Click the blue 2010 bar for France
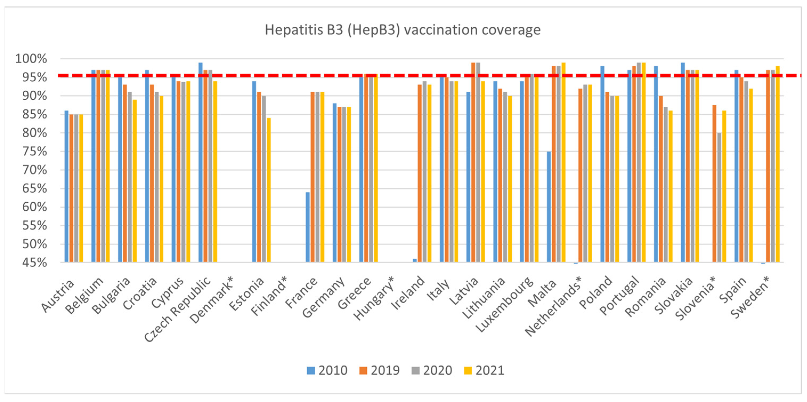point(308,227)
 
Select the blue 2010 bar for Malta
point(549,207)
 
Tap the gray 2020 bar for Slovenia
point(719,197)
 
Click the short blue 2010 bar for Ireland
point(415,260)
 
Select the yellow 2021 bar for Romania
point(670,186)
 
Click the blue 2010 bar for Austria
point(66,186)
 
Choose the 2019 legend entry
point(379,370)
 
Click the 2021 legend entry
point(484,370)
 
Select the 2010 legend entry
point(327,370)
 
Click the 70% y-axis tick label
point(34,170)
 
